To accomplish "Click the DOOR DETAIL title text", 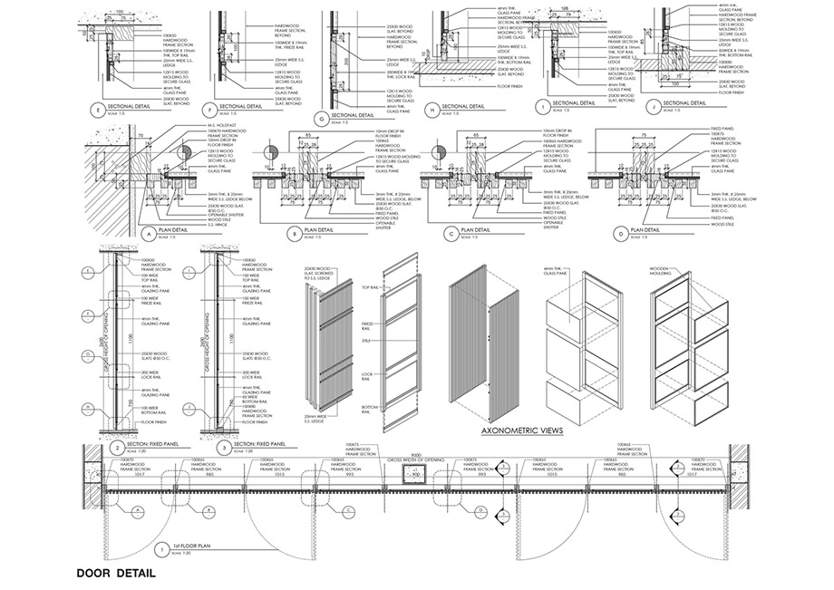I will click(116, 573).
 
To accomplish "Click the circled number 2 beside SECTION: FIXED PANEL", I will click(118, 446).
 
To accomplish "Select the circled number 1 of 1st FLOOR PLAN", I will click(161, 548).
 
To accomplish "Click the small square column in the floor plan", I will click(416, 473).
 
